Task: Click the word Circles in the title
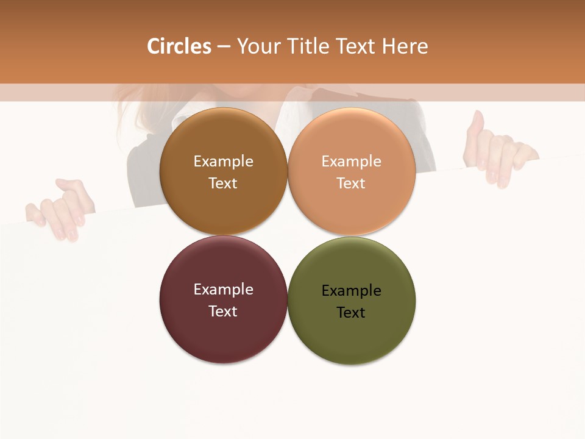(179, 46)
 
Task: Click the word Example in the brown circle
(223, 162)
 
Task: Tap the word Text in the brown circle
(223, 184)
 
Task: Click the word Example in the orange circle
(352, 162)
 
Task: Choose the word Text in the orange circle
(352, 184)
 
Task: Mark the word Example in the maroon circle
(223, 290)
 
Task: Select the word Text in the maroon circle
(223, 312)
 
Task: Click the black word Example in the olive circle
(352, 291)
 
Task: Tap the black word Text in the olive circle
(352, 313)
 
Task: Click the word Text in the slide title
(357, 46)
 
